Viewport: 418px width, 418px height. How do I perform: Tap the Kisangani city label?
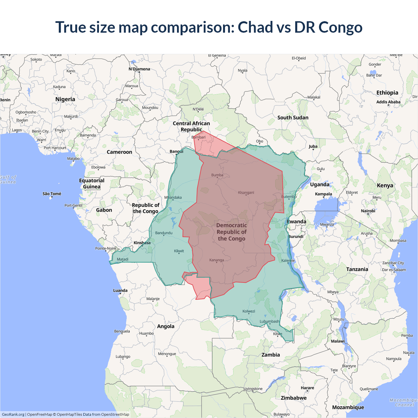pyautogui.click(x=246, y=193)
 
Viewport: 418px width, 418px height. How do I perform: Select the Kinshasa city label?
pyautogui.click(x=142, y=243)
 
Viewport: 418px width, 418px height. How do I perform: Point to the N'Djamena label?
pyautogui.click(x=139, y=69)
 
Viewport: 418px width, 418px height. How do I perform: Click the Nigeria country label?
pyautogui.click(x=65, y=99)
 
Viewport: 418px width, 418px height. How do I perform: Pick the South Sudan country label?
pyautogui.click(x=293, y=118)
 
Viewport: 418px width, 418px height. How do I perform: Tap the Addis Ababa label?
pyautogui.click(x=388, y=102)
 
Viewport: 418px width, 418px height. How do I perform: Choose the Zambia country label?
pyautogui.click(x=270, y=355)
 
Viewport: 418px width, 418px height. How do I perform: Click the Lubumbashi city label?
pyautogui.click(x=269, y=321)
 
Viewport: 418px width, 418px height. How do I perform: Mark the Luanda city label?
pyautogui.click(x=120, y=290)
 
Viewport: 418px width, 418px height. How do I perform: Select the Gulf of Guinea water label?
pyautogui.click(x=8, y=180)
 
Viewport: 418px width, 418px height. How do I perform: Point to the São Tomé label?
pyautogui.click(x=52, y=194)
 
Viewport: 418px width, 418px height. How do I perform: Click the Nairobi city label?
pyautogui.click(x=368, y=211)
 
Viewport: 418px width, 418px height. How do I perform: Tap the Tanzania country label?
pyautogui.click(x=357, y=269)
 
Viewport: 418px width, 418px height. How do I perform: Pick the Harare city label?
pyautogui.click(x=307, y=388)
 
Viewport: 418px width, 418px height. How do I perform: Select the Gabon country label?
pyautogui.click(x=104, y=210)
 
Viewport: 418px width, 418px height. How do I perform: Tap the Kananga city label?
pyautogui.click(x=217, y=260)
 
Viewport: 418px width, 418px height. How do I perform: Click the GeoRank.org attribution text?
pyautogui.click(x=13, y=414)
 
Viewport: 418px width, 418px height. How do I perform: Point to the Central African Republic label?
pyautogui.click(x=191, y=126)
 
